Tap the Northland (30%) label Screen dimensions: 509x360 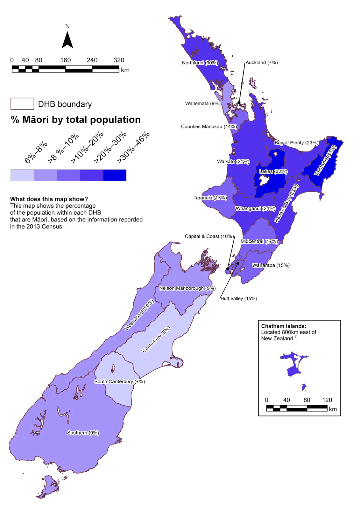[200, 63]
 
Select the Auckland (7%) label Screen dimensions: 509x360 [262, 62]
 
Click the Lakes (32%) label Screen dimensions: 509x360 [273, 171]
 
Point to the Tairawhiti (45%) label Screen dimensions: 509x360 [325, 160]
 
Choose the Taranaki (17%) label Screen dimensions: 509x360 [210, 198]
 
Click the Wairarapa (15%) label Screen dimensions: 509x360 [271, 265]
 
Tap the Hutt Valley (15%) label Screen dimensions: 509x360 [239, 298]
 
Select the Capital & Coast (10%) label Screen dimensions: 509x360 [209, 236]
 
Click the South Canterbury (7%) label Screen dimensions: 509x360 [119, 381]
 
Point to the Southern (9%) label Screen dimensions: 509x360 [83, 433]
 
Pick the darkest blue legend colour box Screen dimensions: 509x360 [115, 175]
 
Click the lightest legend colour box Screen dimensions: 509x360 [22, 175]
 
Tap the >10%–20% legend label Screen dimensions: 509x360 [87, 147]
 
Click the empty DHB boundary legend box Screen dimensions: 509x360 [22, 104]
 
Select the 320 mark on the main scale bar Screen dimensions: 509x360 [119, 60]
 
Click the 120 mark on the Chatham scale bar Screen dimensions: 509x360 [327, 400]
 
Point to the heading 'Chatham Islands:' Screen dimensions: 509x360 [284, 326]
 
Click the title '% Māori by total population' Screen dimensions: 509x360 [76, 120]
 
